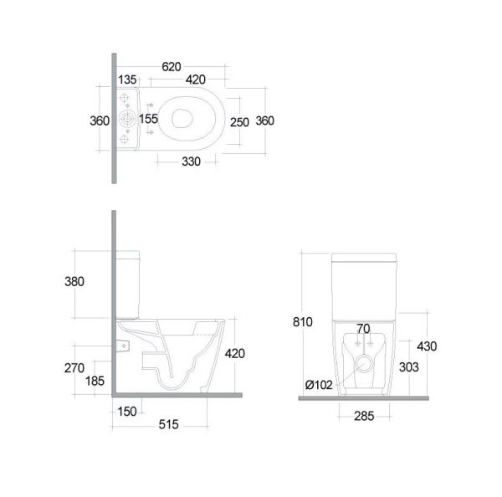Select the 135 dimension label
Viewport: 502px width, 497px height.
pyautogui.click(x=127, y=80)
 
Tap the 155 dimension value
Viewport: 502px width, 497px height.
pyautogui.click(x=149, y=120)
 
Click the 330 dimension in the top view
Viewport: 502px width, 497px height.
pyautogui.click(x=192, y=161)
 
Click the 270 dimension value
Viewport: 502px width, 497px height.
pyautogui.click(x=74, y=366)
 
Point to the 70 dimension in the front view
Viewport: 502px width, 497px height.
pyautogui.click(x=362, y=328)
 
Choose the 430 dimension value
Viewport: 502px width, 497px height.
pyautogui.click(x=427, y=346)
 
